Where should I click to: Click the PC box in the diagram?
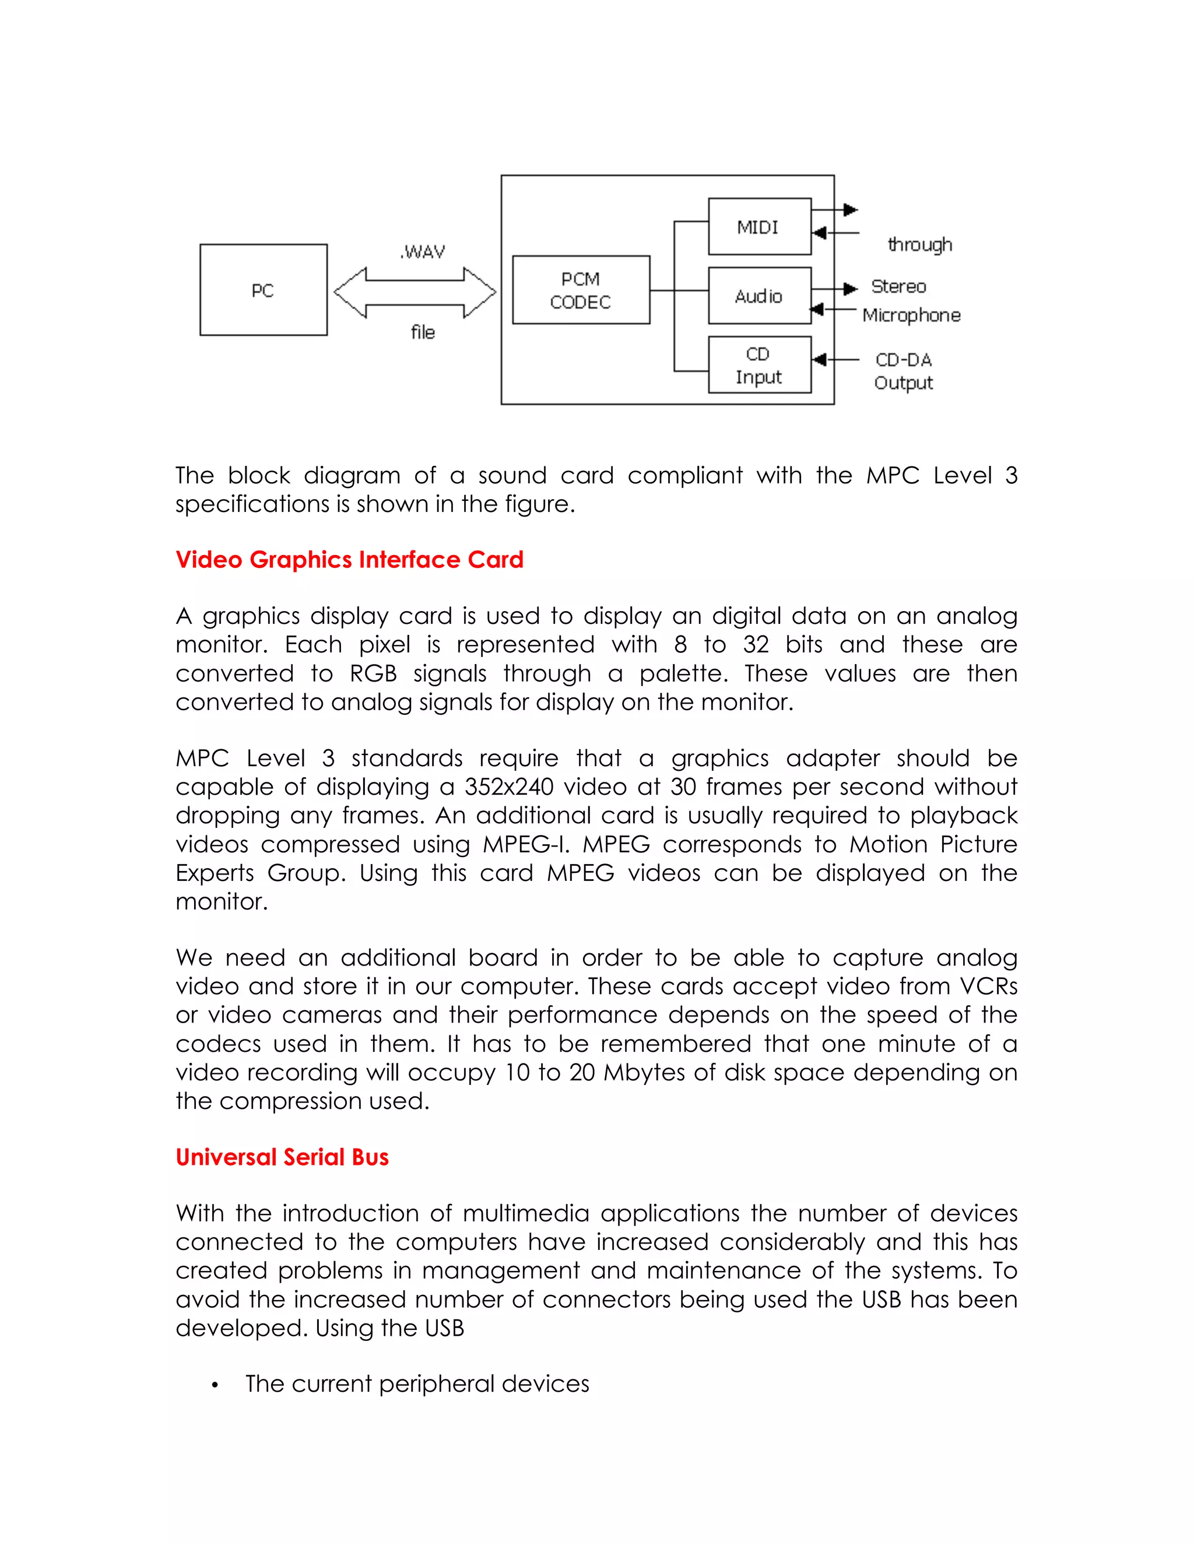263,290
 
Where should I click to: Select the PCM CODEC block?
581,290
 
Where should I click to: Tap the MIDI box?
759,226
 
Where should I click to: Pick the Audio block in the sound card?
759,296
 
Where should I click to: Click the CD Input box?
759,365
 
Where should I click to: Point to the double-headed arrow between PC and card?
415,292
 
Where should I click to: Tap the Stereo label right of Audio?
898,286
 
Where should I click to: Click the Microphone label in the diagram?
911,315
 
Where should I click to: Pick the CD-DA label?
903,359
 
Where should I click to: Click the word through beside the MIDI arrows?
919,244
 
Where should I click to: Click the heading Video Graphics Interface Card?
349,560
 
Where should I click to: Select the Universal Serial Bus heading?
282,1157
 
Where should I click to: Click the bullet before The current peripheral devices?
215,1385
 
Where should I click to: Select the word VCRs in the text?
988,986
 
